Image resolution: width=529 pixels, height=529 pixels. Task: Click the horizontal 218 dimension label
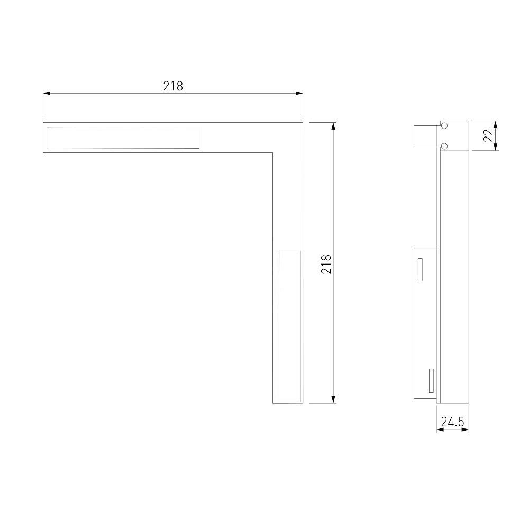[173, 86]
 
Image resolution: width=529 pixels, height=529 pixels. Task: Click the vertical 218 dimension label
[326, 264]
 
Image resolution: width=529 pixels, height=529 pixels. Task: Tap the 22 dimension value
[488, 135]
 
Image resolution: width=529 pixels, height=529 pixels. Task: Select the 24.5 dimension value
[453, 422]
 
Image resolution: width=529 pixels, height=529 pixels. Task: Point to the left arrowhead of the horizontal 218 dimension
[47, 93]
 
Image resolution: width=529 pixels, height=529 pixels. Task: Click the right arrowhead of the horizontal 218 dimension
[299, 93]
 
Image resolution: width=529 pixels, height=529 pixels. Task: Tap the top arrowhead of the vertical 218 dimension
[333, 126]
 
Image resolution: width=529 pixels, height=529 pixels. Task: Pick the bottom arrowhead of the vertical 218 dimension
[333, 399]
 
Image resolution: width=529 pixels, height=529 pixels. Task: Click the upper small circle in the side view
[444, 126]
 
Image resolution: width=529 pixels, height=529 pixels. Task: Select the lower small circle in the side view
[444, 146]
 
